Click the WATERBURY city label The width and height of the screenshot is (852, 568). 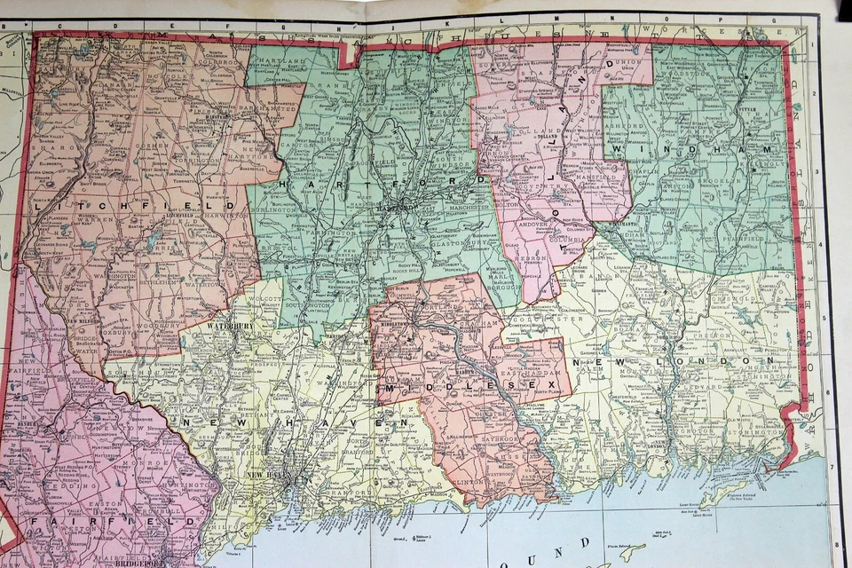click(x=230, y=326)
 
